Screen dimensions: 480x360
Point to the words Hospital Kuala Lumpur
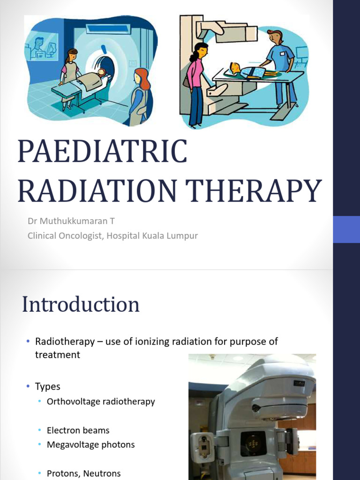[152, 236]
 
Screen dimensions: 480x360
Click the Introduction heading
[81, 304]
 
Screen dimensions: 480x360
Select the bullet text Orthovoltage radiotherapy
[101, 402]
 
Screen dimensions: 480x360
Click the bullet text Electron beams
[78, 430]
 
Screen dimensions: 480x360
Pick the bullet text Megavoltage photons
[90, 445]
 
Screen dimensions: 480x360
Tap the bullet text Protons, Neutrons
[83, 473]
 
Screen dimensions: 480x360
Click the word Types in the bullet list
[48, 387]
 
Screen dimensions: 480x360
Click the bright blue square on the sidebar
[346, 229]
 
